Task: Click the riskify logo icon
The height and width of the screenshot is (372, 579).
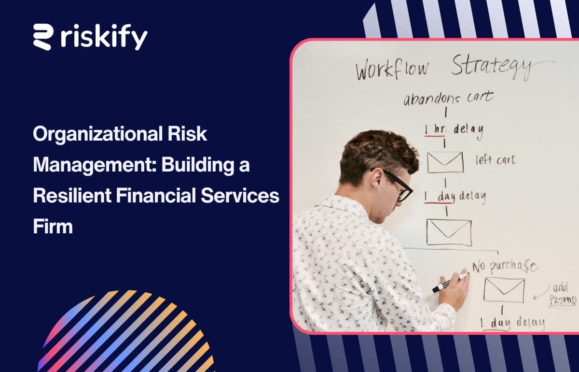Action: pyautogui.click(x=43, y=37)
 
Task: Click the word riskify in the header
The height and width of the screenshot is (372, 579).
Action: pyautogui.click(x=104, y=37)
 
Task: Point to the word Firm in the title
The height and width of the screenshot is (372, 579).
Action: pyautogui.click(x=53, y=226)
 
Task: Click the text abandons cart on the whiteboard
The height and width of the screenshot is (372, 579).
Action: pyautogui.click(x=448, y=98)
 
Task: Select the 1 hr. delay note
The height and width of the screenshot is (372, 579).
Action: pyautogui.click(x=454, y=129)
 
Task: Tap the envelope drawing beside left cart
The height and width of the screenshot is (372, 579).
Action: pyautogui.click(x=445, y=162)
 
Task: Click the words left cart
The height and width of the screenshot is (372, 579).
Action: pyautogui.click(x=495, y=159)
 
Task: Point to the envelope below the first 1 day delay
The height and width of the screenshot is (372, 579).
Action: pyautogui.click(x=449, y=232)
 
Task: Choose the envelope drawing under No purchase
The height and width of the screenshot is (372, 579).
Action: pyautogui.click(x=504, y=290)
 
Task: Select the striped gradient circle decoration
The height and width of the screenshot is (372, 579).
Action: pyautogui.click(x=125, y=333)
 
